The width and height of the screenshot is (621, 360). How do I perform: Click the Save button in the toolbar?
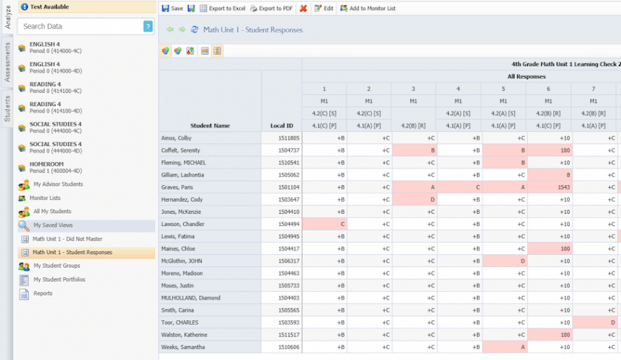172,9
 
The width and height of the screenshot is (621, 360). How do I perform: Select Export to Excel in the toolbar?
223,9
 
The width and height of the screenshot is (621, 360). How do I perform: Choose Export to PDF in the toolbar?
271,9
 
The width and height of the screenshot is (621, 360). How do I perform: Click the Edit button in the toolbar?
323,9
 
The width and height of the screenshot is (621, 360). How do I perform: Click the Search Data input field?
79,27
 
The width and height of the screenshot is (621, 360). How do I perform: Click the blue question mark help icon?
148,27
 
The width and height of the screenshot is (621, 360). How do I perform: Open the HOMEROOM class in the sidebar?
54,167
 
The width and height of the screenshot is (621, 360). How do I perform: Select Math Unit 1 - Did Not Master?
69,239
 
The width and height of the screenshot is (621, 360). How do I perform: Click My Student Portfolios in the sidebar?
59,279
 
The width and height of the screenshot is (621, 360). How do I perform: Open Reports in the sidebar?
43,293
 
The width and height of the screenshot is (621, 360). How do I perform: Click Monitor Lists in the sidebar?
45,198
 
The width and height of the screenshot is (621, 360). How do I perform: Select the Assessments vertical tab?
6,62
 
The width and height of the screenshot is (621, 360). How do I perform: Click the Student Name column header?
210,125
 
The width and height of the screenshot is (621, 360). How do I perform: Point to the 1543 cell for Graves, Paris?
548,187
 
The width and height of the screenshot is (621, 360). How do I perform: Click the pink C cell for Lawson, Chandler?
324,224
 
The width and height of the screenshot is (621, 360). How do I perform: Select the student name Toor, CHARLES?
181,323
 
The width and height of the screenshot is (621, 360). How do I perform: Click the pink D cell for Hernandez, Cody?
414,199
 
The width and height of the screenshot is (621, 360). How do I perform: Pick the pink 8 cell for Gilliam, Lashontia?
548,175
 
